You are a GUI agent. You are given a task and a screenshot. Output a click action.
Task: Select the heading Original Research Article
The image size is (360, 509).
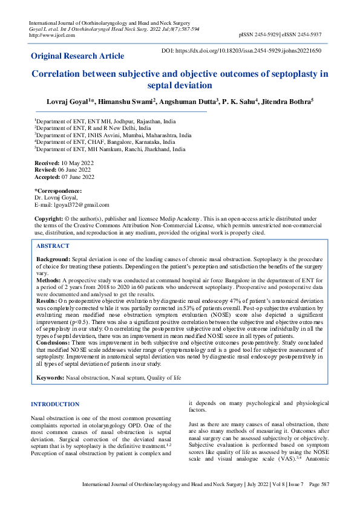77,56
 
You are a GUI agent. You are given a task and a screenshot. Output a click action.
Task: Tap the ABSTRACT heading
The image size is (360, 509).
53,246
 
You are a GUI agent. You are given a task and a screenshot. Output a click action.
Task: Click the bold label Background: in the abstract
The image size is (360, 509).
54,259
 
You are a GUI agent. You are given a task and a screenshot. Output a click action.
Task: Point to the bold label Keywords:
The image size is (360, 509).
50,377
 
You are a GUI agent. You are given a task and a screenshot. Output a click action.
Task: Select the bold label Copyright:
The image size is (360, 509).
49,218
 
